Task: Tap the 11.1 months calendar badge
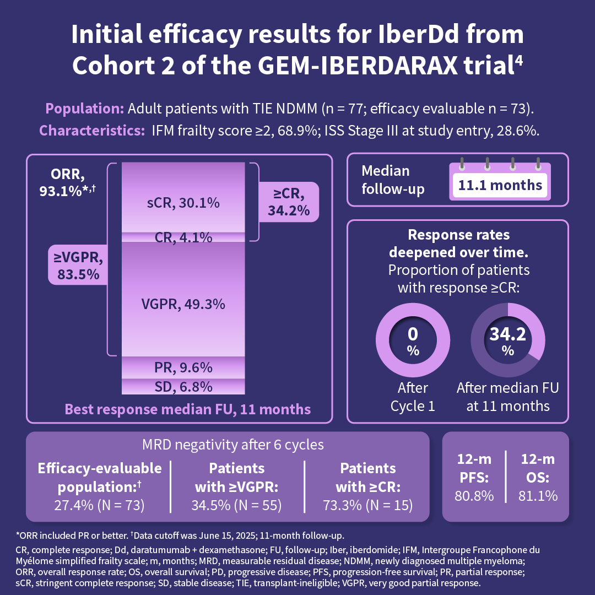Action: coord(500,185)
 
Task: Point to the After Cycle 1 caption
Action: coord(413,397)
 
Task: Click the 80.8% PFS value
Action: coord(474,495)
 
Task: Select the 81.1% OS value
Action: coord(537,495)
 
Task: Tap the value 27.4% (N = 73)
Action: coord(99,505)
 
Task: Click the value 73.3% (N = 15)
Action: coord(367,505)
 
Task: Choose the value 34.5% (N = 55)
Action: coord(236,505)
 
